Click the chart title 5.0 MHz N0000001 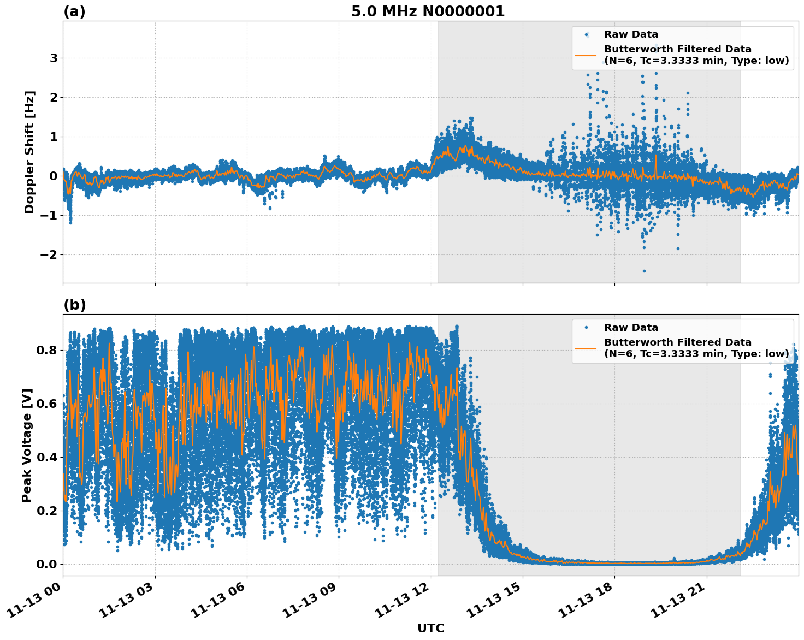428,11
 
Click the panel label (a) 74,11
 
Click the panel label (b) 74,305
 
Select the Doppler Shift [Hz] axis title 29,152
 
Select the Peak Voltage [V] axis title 27,445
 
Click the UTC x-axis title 430,628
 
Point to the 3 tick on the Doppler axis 54,58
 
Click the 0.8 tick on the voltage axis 47,350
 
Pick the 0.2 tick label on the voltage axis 47,511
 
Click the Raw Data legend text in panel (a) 631,34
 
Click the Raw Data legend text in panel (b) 631,328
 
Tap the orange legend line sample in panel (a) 586,55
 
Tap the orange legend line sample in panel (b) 586,348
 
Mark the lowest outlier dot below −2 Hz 644,271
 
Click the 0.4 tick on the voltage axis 47,457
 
